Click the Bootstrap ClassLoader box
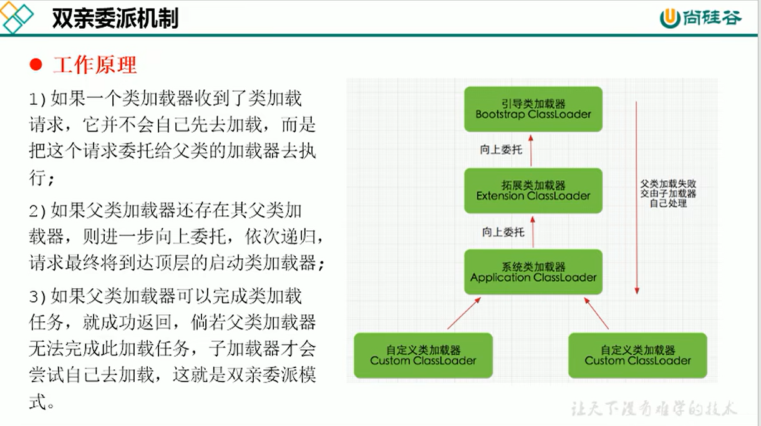tap(533, 109)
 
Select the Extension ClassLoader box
tap(533, 191)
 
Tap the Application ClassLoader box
tap(533, 272)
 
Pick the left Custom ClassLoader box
tap(424, 356)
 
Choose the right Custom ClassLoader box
tap(637, 356)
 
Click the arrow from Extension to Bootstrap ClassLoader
tap(531, 150)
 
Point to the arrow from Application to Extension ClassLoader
tap(533, 232)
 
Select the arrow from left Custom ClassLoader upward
tap(464, 313)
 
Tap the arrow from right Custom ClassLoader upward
tap(596, 313)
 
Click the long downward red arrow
tap(637, 198)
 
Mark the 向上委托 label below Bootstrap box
tap(501, 150)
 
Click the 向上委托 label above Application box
tap(503, 233)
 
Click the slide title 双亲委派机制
tap(115, 18)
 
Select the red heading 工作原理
tap(95, 65)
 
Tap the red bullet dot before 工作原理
tap(36, 64)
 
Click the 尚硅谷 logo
tap(700, 18)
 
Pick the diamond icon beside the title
tap(16, 17)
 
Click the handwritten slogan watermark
tap(654, 409)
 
